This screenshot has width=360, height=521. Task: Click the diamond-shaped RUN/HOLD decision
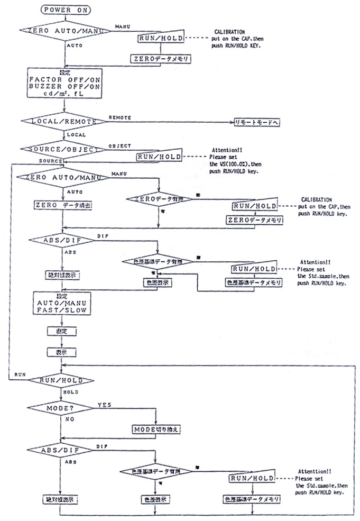(62, 380)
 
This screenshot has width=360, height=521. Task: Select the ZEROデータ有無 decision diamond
(159, 199)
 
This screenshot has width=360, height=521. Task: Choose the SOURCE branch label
(50, 160)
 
